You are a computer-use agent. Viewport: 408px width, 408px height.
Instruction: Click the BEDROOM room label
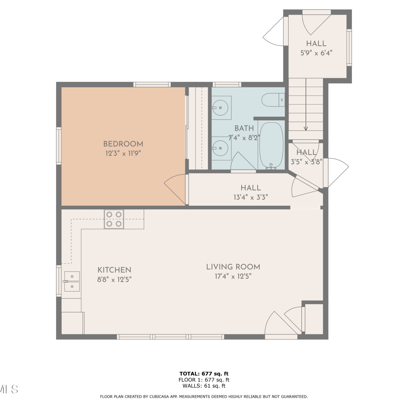pos(123,144)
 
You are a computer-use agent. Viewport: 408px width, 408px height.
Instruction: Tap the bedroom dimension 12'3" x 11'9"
pos(123,153)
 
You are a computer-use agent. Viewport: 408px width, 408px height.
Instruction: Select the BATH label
pos(244,128)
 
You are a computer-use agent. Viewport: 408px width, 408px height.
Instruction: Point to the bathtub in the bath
pos(271,146)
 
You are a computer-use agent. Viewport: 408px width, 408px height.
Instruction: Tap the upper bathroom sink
pos(221,108)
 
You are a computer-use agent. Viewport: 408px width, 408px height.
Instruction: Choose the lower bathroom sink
pos(221,148)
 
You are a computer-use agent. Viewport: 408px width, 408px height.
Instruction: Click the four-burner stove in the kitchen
pos(114,219)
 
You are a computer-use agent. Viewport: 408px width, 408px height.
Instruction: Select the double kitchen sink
pos(72,282)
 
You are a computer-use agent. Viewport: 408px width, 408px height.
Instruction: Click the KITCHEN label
pos(115,270)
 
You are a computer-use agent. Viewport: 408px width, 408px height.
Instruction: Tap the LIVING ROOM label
pos(233,267)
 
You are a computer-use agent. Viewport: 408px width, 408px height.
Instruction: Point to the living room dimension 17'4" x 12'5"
pos(233,276)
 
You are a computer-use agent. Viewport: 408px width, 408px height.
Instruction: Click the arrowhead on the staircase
pos(306,129)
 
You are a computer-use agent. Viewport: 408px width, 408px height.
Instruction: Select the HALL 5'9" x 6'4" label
pos(316,48)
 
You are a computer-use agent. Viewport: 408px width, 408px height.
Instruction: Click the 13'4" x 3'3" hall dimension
pos(251,197)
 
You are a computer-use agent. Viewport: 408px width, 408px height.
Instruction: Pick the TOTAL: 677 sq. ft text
pos(204,374)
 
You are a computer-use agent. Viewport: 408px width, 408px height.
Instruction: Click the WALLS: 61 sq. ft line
pos(204,386)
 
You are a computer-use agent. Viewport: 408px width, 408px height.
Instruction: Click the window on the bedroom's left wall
pos(59,146)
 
